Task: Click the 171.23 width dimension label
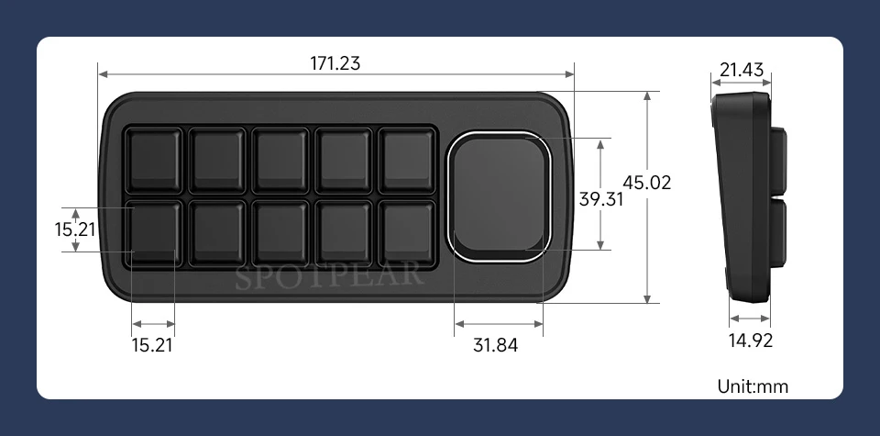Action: click(x=335, y=63)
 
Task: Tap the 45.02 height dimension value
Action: click(x=646, y=183)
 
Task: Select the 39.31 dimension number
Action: click(x=601, y=199)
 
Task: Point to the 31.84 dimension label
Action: click(x=496, y=345)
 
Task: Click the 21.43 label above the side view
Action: click(x=742, y=70)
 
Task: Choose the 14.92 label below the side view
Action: click(x=751, y=340)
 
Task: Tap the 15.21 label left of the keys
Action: click(x=74, y=229)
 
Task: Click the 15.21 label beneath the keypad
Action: click(x=152, y=345)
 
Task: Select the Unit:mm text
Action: click(x=753, y=386)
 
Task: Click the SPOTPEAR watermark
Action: click(x=328, y=275)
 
